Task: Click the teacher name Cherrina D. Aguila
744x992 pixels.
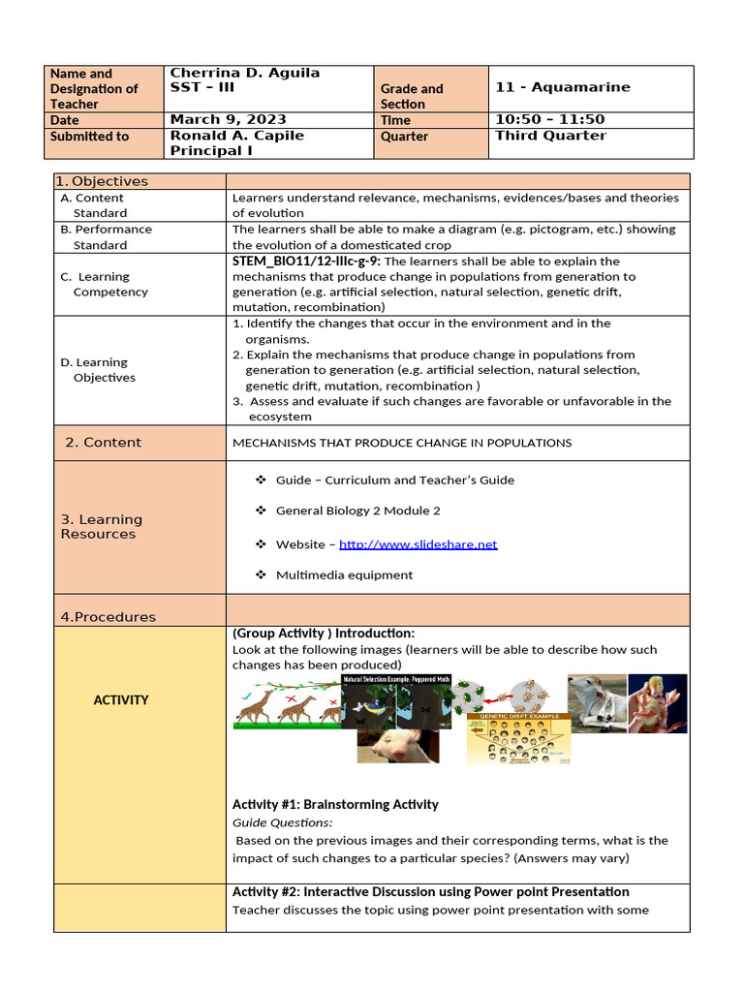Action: point(244,74)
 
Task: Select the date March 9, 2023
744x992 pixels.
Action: point(228,120)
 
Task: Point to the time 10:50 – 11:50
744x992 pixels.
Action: point(549,120)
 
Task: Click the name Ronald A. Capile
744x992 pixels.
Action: point(236,136)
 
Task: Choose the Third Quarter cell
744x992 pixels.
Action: point(550,136)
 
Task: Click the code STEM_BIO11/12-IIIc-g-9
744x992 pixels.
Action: point(306,262)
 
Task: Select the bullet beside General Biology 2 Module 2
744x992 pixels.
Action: point(261,511)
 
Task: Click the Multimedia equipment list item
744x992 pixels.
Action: point(344,575)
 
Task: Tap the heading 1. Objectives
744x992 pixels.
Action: point(102,181)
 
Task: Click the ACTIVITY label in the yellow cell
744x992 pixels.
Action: point(121,699)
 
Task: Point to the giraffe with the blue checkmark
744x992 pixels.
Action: point(254,709)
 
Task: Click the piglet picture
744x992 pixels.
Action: point(397,745)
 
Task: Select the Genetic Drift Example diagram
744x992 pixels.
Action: point(518,740)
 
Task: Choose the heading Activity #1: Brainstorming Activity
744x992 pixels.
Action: point(335,804)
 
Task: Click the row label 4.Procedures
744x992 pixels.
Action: point(108,617)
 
